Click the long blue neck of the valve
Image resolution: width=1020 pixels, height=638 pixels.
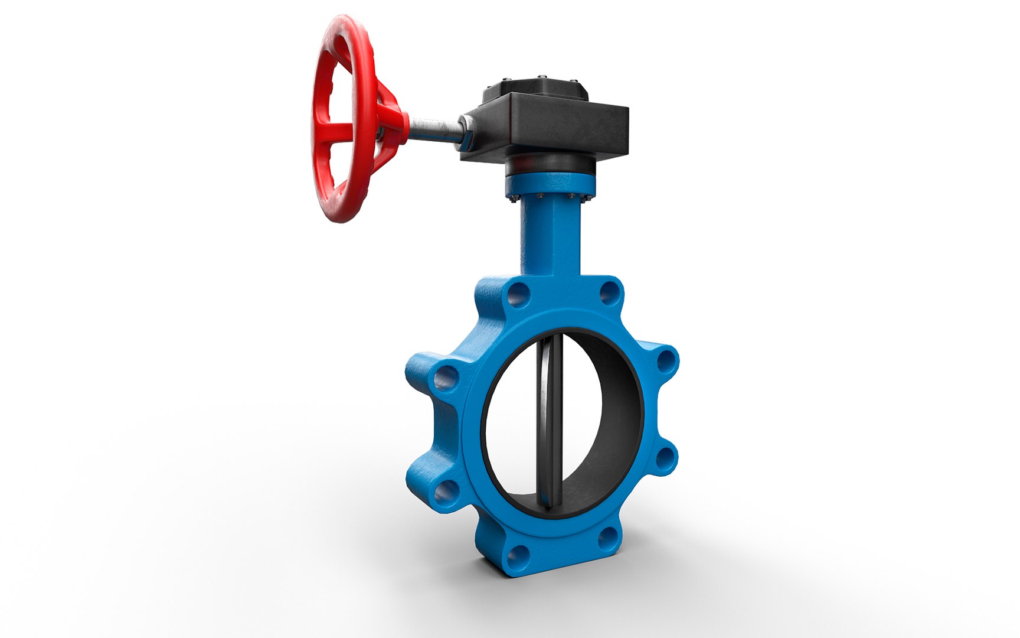point(549,236)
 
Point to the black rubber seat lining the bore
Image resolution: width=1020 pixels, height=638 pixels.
point(620,425)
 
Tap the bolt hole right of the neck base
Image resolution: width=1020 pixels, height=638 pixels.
point(609,293)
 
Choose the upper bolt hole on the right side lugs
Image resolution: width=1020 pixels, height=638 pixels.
point(666,361)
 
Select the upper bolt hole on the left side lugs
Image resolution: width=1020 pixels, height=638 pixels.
point(446,378)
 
